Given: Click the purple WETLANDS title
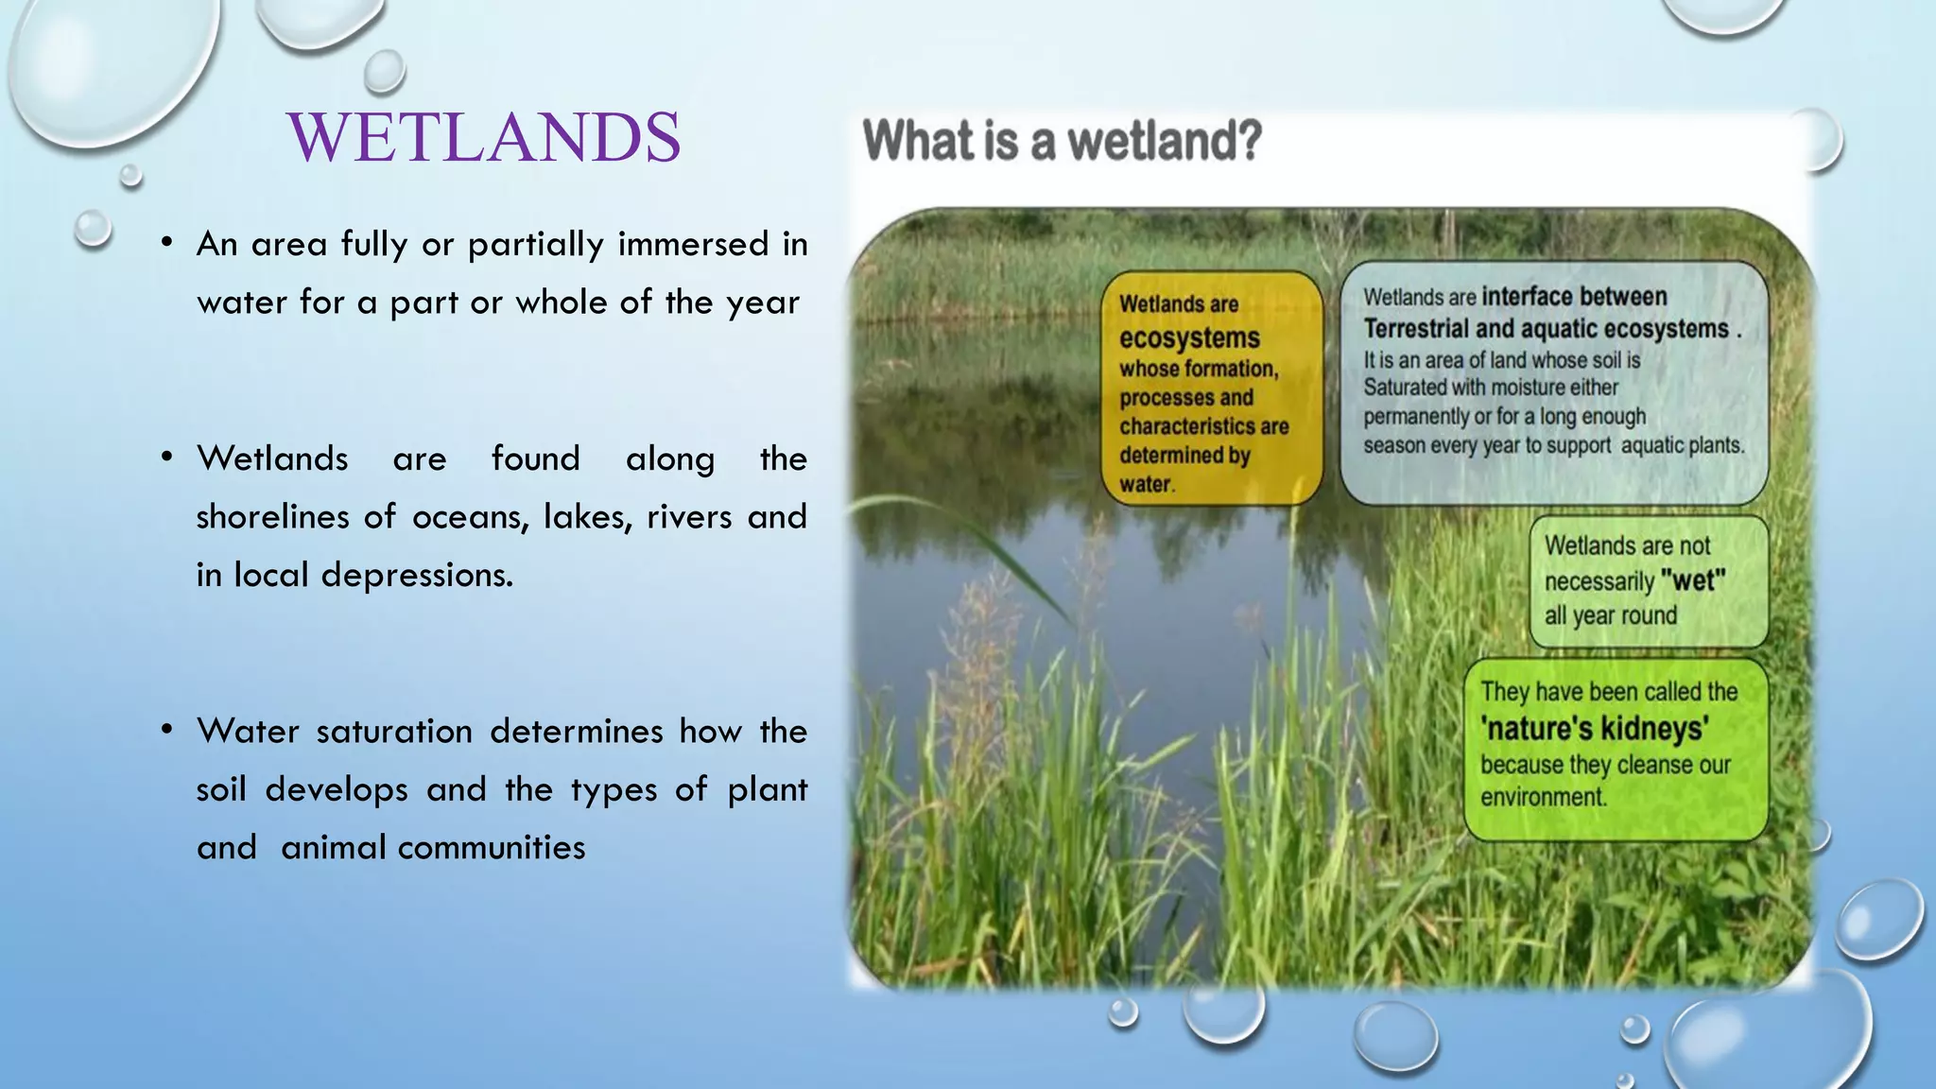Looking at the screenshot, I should click(x=484, y=137).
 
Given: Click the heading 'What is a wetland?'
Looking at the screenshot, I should click(x=1062, y=142).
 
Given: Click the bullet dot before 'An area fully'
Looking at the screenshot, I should click(x=166, y=244).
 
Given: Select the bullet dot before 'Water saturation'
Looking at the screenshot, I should click(x=166, y=731).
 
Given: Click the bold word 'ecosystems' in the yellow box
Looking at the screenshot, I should click(x=1189, y=337).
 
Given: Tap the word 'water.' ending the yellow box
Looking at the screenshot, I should click(x=1147, y=484).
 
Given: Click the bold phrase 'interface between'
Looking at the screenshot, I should click(x=1574, y=296).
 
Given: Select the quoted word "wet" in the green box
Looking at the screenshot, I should click(x=1692, y=580).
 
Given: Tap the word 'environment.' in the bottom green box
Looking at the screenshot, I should click(x=1543, y=797).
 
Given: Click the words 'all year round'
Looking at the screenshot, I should click(x=1610, y=615).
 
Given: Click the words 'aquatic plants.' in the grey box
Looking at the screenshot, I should click(x=1682, y=445).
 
